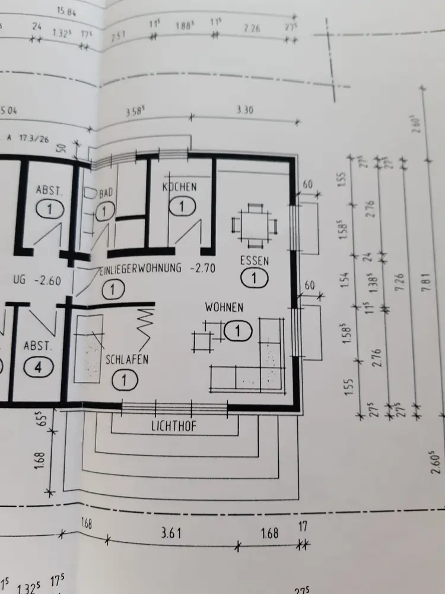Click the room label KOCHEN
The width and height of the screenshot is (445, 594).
(179, 187)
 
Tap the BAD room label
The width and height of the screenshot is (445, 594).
(106, 193)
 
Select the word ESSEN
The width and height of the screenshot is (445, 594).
(255, 260)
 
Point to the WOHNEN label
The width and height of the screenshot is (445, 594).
(224, 307)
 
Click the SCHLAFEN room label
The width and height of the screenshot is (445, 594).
(127, 359)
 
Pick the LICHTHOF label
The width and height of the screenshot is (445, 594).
(174, 426)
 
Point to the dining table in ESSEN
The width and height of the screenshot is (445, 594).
(255, 226)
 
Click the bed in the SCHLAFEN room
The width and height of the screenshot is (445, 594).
(88, 349)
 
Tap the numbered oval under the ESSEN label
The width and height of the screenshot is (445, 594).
(255, 277)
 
